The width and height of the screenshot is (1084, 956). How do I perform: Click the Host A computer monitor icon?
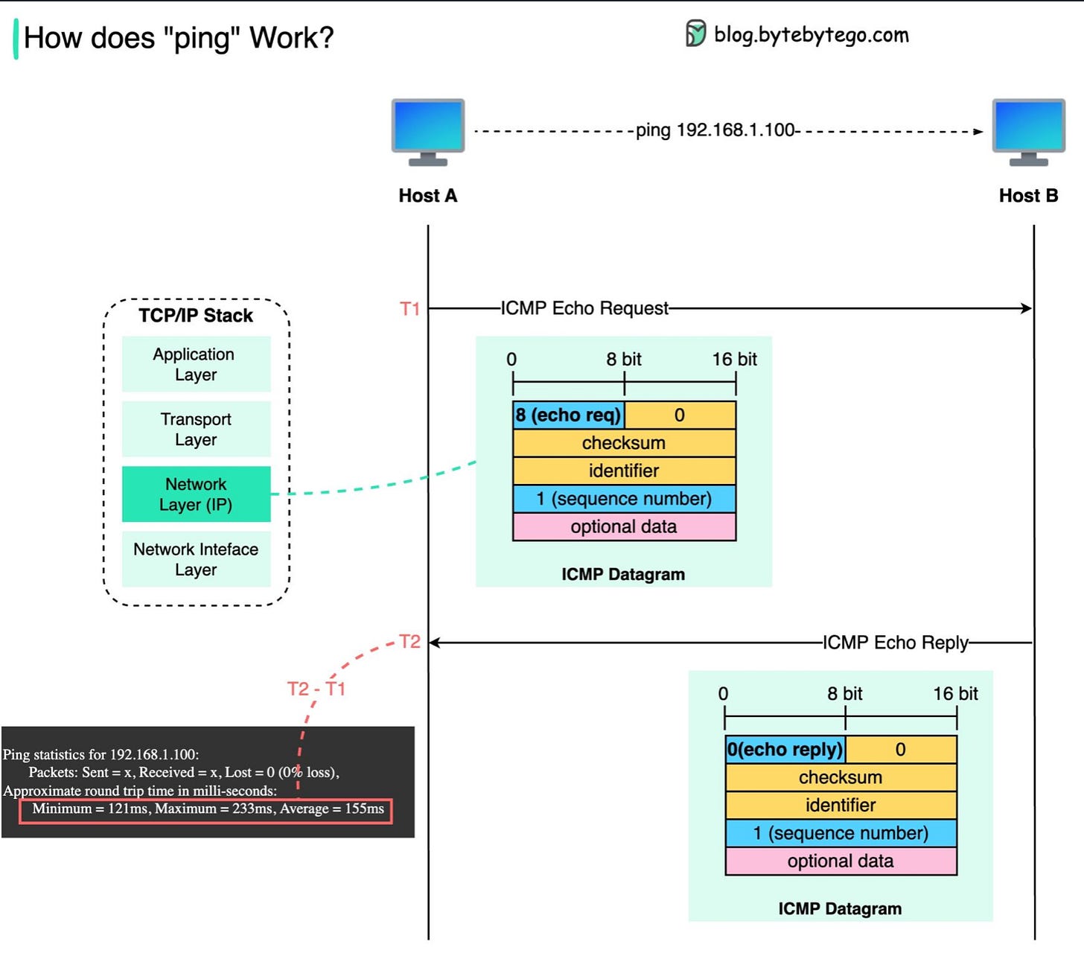tap(427, 132)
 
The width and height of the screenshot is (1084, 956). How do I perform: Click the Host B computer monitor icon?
tap(1028, 132)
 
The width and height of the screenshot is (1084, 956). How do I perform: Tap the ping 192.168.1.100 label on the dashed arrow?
tap(715, 130)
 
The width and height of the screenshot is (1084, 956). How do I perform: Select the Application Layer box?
tap(196, 364)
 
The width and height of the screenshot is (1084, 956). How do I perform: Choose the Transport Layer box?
tap(196, 429)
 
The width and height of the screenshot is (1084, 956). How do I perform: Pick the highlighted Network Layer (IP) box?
tap(196, 494)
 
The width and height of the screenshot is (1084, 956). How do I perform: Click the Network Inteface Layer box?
tap(196, 559)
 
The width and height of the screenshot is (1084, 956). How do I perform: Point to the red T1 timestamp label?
tap(409, 309)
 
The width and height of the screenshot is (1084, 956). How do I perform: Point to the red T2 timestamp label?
tap(409, 642)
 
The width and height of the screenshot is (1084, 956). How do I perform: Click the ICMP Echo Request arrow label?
tap(584, 308)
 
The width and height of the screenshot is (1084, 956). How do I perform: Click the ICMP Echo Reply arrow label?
tap(895, 643)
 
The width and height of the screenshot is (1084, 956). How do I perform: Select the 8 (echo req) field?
tap(568, 415)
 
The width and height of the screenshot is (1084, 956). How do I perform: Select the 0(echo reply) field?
tap(785, 750)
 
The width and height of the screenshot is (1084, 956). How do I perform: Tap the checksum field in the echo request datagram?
tap(624, 443)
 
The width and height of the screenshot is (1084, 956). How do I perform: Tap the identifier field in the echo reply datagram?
tap(841, 805)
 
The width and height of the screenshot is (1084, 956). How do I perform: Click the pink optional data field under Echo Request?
tap(624, 526)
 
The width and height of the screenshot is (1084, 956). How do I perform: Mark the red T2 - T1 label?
tap(316, 689)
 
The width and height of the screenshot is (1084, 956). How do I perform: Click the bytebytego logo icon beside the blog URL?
tap(695, 34)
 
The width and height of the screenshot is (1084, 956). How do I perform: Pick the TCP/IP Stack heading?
tap(196, 315)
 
